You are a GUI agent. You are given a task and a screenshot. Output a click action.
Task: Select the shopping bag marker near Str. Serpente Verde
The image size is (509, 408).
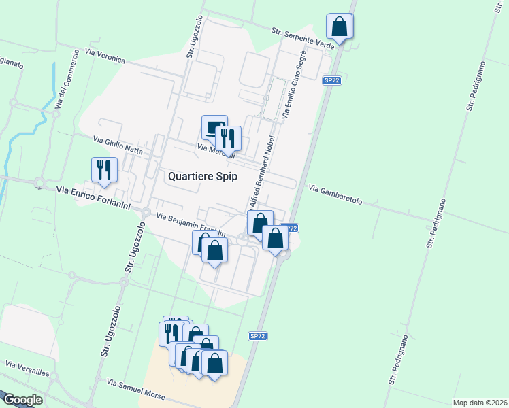point(339,27)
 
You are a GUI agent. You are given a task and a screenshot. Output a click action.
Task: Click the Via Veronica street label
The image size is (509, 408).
point(105,55)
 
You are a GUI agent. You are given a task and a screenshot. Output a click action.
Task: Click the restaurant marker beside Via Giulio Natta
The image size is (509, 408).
point(104,170)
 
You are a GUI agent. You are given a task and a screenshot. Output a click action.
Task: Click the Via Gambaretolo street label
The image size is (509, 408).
point(344,195)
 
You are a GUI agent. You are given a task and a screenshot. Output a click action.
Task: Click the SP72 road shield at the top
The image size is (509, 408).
point(331,80)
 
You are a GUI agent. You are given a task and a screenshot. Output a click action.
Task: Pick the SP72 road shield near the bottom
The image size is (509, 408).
point(257,336)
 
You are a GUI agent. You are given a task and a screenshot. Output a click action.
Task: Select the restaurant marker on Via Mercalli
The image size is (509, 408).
point(229,139)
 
